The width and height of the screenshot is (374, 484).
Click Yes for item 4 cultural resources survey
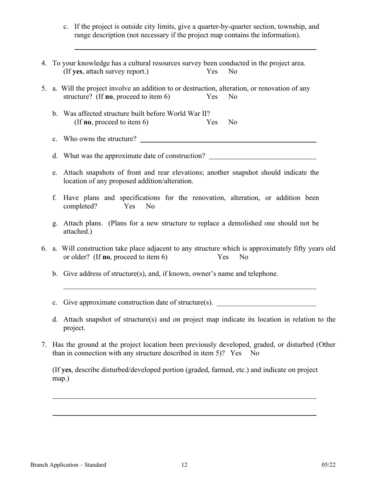coord(212,72)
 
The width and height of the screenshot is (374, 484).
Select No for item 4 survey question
coord(233,72)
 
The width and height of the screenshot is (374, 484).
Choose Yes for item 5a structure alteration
coord(212,97)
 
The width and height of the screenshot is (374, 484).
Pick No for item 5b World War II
coord(233,122)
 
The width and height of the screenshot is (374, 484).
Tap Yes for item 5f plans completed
coord(130,206)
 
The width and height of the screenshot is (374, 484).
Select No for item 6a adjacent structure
coord(244,257)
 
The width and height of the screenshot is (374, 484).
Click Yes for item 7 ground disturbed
coord(236,353)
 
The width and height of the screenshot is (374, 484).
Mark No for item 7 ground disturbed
coord(255,353)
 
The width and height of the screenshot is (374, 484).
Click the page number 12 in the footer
coord(184,465)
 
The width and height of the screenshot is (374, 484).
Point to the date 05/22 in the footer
coord(328,465)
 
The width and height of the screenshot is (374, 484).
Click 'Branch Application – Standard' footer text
coord(68,465)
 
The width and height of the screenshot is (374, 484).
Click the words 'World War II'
coord(191,114)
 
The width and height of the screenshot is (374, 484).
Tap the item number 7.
coord(44,345)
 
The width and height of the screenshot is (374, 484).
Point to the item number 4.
coord(44,63)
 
